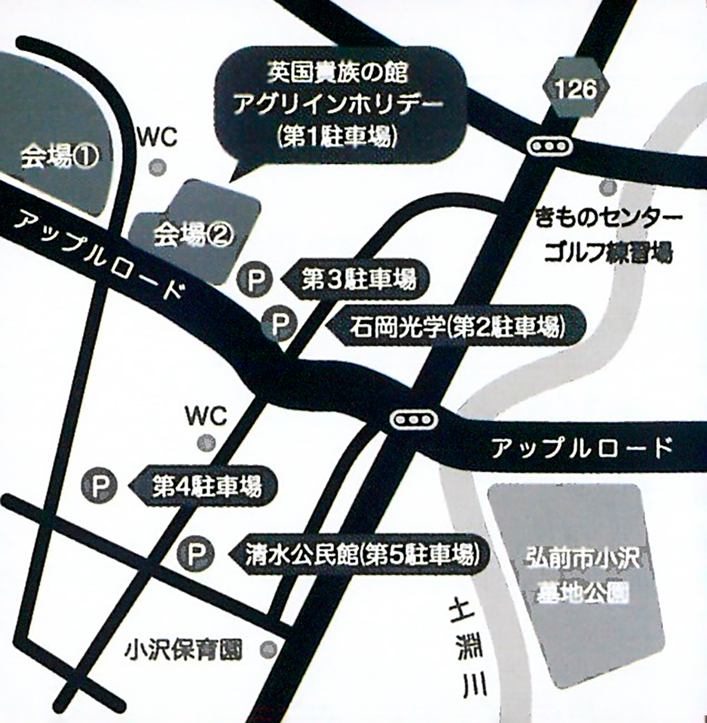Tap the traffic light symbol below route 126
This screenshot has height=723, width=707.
point(548,145)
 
